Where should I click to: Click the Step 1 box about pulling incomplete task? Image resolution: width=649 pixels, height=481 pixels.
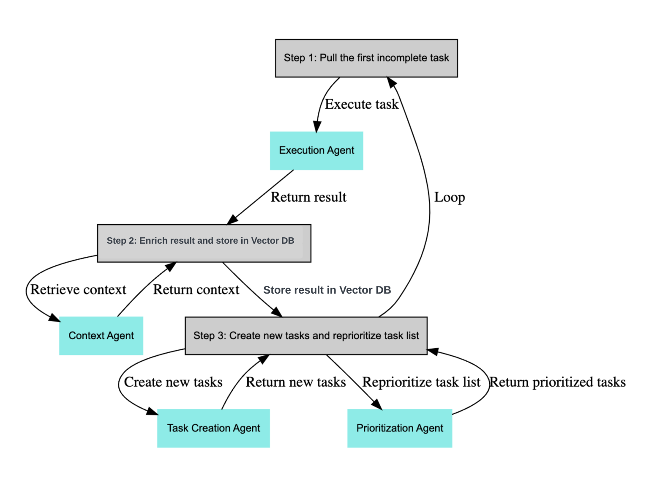coord(366,58)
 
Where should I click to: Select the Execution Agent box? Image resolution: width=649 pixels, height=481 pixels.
coord(316,151)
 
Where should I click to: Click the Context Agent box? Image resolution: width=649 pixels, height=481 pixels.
coord(101,335)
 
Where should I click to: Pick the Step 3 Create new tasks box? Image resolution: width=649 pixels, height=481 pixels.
coord(306,335)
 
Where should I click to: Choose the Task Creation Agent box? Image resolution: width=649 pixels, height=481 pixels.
coord(213,428)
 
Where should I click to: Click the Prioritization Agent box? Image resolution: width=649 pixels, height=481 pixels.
coord(400,428)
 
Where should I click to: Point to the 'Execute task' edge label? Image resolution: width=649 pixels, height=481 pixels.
coord(361,104)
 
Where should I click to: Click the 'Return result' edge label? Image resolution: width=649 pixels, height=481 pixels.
coord(308,197)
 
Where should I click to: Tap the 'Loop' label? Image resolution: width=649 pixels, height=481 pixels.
coord(450,197)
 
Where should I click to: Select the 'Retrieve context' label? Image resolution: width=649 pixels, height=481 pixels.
coord(78,290)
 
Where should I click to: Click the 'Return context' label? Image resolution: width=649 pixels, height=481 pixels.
coord(196,290)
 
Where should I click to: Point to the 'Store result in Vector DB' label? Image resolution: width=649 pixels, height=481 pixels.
coord(327,290)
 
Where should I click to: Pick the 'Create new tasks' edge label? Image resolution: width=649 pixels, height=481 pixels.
coord(173,382)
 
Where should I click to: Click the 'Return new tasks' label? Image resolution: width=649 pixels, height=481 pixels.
coord(296,382)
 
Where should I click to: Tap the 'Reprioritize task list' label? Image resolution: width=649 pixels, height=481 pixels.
coord(421,382)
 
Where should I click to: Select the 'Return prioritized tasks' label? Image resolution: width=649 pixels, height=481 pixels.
coord(557,382)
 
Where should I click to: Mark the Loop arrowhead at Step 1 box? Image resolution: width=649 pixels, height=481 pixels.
coord(392,82)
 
